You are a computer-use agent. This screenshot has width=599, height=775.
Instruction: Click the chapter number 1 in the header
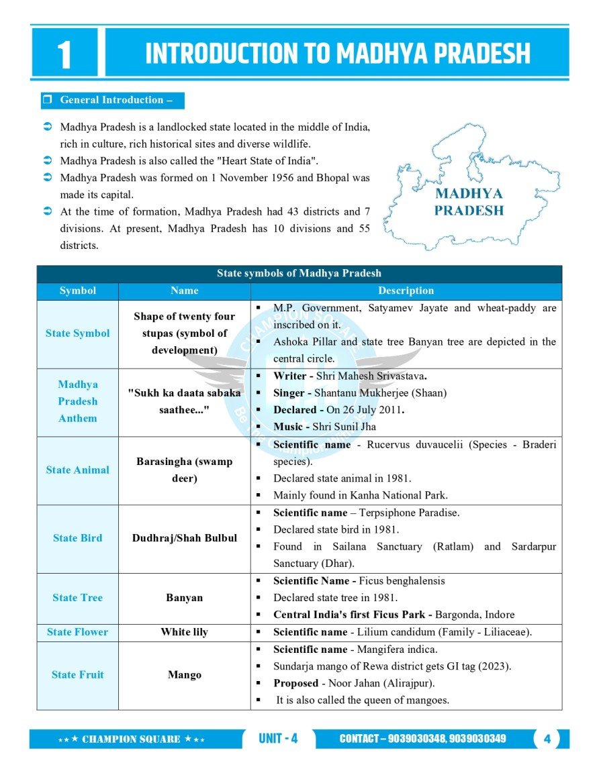pos(64,54)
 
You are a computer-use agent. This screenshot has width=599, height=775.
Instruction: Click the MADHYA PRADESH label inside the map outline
pos(469,202)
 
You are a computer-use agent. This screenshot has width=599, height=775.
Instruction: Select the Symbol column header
pos(78,291)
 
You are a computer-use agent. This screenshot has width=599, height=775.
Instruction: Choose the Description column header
pos(406,291)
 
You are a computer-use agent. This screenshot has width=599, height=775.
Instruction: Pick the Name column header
pos(184,291)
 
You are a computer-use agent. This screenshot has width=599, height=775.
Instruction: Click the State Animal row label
pos(78,470)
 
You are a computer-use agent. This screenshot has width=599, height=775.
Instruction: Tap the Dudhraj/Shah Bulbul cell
pos(184,538)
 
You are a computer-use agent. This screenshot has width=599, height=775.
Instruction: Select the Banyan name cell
pos(184,598)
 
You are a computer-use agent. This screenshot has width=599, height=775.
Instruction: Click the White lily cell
pos(184,632)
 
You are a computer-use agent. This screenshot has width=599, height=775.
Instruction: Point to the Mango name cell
pos(184,675)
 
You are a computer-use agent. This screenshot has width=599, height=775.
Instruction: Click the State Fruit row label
pos(78,675)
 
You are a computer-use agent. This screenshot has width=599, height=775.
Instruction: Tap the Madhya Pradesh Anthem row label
pos(78,401)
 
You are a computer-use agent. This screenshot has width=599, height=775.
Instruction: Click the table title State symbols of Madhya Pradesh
pos(299,273)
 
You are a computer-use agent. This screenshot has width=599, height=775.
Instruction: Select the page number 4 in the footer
pos(547,739)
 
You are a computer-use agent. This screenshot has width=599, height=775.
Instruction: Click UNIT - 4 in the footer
pos(278,739)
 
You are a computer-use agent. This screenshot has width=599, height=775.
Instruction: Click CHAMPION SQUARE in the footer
pos(131,739)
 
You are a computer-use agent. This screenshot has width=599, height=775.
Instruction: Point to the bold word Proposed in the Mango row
pos(295,683)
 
